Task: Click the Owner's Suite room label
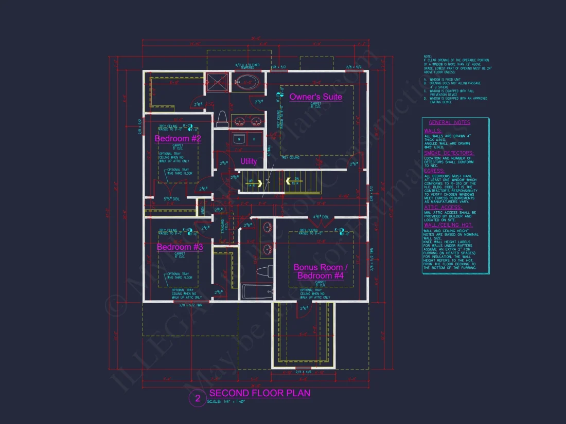pyautogui.click(x=315, y=97)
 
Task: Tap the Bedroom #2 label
pyautogui.click(x=178, y=138)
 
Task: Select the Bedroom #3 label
pyautogui.click(x=180, y=247)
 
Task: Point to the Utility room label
pyautogui.click(x=249, y=161)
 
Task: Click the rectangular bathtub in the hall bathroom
pyautogui.click(x=256, y=291)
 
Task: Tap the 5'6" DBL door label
pyautogui.click(x=157, y=198)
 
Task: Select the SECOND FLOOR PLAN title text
pyautogui.click(x=259, y=393)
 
